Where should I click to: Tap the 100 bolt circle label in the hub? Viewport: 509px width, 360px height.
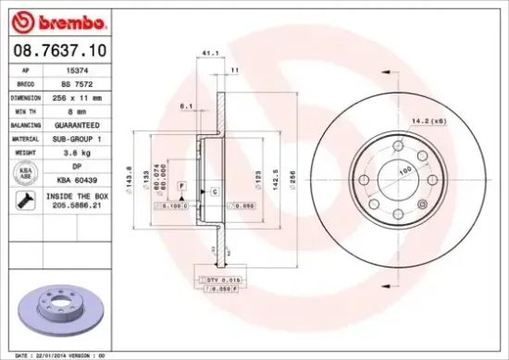pos(404,172)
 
